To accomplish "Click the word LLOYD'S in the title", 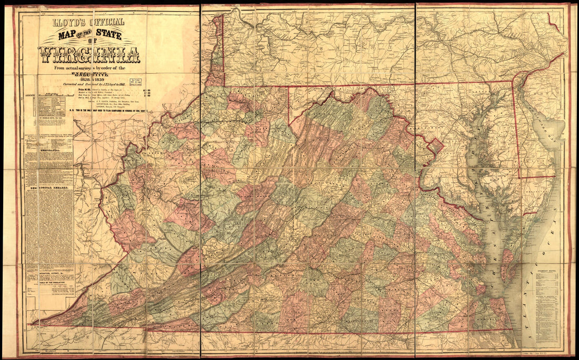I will tap(66, 22).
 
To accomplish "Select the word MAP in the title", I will tap(58, 36).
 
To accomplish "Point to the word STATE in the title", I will tap(104, 36).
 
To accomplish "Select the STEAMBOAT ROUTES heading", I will tap(547, 272).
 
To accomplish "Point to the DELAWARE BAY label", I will tap(547, 129).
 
